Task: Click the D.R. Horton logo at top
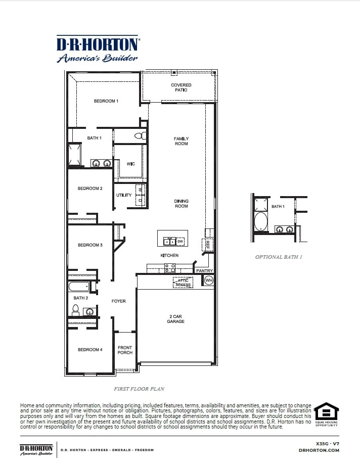point(98,50)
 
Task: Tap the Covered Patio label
point(181,87)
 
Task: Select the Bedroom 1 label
point(106,101)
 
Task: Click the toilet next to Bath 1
point(141,136)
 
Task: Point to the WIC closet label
point(130,164)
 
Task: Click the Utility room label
point(124,195)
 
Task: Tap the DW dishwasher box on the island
point(179,241)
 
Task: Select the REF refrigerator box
point(208,245)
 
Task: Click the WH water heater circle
point(208,280)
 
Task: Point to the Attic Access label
point(183,283)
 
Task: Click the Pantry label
point(204,271)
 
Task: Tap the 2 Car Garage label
point(176,319)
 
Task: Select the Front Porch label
point(125,350)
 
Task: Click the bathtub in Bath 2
point(79,287)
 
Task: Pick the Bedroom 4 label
point(89,350)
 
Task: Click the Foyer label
point(118,301)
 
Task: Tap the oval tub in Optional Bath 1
point(260,221)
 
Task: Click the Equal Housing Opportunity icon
point(327,414)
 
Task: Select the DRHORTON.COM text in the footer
point(319,450)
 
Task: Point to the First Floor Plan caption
point(139,389)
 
